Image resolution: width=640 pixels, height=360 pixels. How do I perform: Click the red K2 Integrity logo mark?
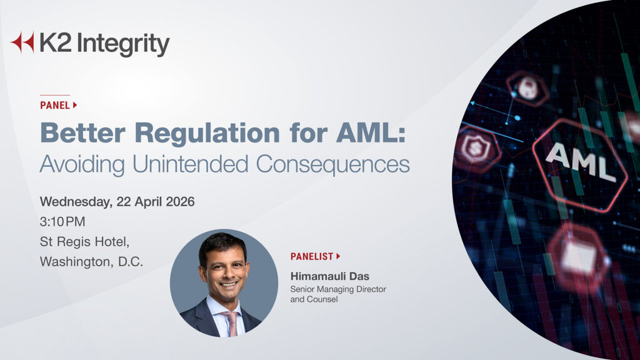pyautogui.click(x=22, y=42)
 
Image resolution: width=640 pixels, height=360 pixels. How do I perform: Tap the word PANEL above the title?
pyautogui.click(x=54, y=105)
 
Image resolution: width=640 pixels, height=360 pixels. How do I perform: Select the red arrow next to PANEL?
pyautogui.click(x=75, y=105)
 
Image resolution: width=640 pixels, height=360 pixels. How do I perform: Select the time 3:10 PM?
pyautogui.click(x=62, y=221)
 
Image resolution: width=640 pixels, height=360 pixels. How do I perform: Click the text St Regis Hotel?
pyautogui.click(x=84, y=241)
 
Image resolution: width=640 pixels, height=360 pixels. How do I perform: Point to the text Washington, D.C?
pyautogui.click(x=91, y=261)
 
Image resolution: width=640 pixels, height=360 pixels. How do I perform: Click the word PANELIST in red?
pyautogui.click(x=311, y=256)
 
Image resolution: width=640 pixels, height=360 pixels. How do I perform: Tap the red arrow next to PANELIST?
pyautogui.click(x=338, y=256)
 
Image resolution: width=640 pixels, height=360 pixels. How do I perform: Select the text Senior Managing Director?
pyautogui.click(x=338, y=289)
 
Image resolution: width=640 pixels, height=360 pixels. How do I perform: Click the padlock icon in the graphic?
pyautogui.click(x=527, y=88)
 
